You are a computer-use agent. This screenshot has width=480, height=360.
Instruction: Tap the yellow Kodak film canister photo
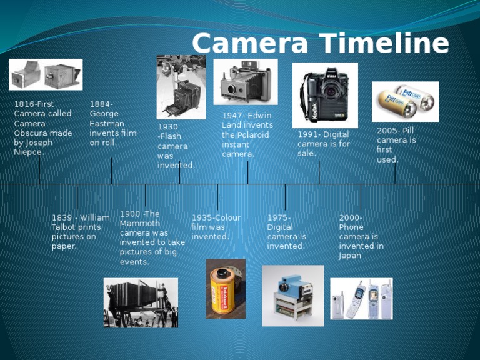226,289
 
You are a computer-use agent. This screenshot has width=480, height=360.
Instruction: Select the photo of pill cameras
405,101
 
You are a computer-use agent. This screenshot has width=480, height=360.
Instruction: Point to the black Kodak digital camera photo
325,95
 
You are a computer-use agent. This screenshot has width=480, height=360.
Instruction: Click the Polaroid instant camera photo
245,82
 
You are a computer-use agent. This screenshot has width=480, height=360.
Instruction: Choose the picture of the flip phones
361,299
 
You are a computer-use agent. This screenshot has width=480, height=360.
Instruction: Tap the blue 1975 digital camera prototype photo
292,296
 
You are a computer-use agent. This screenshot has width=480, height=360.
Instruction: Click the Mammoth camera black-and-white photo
140,302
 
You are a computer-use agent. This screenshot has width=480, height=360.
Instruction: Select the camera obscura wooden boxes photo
46,74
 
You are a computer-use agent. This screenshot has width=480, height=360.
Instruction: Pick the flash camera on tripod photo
181,87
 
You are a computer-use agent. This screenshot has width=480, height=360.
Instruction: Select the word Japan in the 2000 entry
350,256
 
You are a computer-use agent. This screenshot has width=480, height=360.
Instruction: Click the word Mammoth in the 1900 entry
140,223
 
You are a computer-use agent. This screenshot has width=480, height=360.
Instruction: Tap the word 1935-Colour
216,217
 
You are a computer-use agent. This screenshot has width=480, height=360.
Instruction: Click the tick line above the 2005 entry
395,174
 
